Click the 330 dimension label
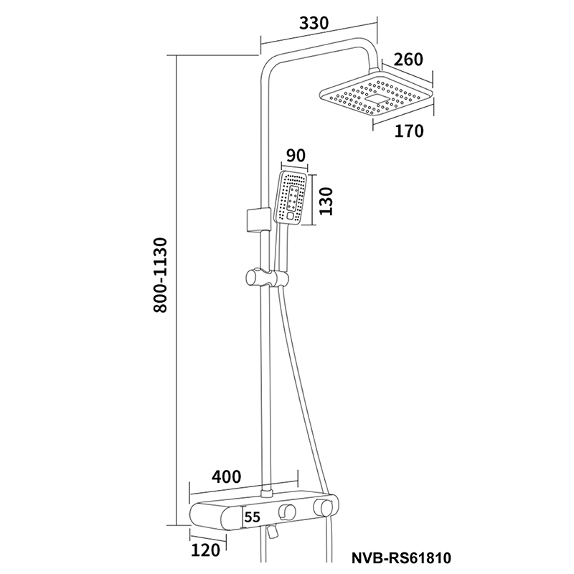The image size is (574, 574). tap(314, 23)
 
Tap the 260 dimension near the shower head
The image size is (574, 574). tap(408, 60)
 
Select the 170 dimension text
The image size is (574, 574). tap(409, 131)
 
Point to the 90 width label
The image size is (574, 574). tap(296, 156)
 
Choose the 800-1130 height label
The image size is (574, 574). tap(160, 275)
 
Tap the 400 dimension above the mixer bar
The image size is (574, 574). tap(227, 476)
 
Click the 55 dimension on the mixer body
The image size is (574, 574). tap(253, 517)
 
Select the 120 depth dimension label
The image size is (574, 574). tap(206, 550)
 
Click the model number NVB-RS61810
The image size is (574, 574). tap(401, 558)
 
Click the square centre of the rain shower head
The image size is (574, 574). tap(377, 99)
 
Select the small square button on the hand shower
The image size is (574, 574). tap(291, 216)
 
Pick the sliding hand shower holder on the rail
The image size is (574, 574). tap(266, 278)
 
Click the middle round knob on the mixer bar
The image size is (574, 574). tap(286, 511)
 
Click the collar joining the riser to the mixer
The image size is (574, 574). tap(266, 493)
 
